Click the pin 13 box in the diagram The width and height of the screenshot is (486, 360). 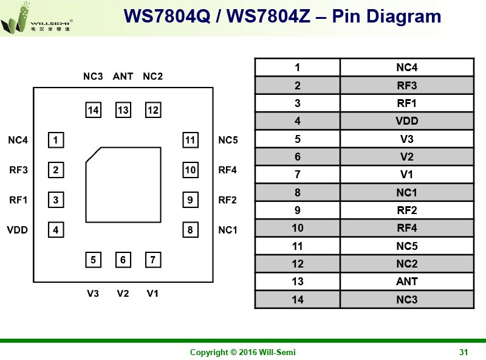pos(123,110)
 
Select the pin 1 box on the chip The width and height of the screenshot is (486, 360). pos(55,140)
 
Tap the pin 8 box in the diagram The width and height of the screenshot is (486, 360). pos(190,230)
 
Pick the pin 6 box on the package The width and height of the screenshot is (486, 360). pos(123,260)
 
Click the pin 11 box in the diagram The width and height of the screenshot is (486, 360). pos(190,140)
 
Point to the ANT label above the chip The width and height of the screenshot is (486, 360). pos(123,77)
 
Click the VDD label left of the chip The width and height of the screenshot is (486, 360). pos(18,230)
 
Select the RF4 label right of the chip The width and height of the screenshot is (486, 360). pos(227,170)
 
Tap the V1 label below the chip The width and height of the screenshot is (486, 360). pos(152,294)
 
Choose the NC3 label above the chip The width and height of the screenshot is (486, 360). pos(93,77)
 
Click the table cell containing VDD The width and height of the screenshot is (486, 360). pos(406,121)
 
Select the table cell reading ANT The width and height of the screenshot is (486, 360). pos(406,282)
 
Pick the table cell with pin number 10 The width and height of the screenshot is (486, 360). pos(298,229)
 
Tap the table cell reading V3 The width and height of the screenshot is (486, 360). pos(406,139)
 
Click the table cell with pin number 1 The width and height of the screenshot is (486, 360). pos(298,67)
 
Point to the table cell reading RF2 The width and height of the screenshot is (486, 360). pos(406,210)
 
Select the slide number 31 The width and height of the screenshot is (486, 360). pos(464,352)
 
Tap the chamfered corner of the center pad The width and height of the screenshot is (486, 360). pos(94,154)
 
